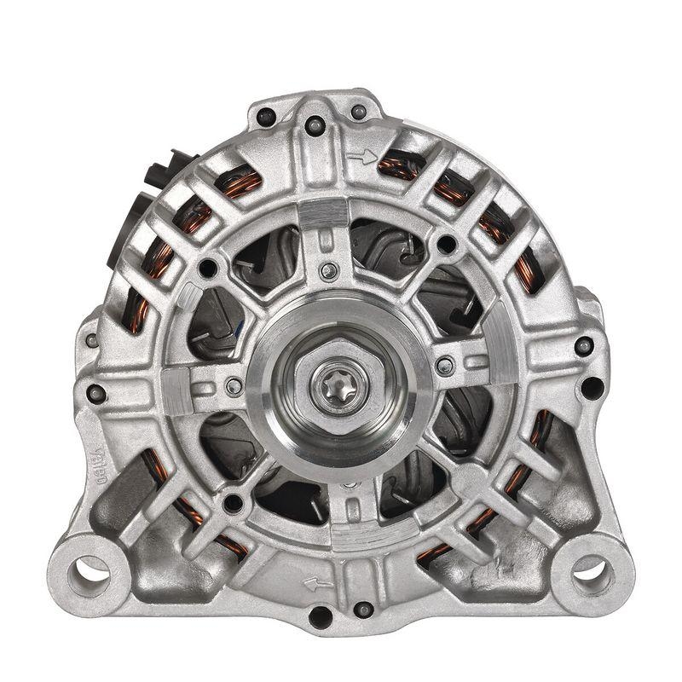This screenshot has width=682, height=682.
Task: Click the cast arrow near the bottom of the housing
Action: (320, 584)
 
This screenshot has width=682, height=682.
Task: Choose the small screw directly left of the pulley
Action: (232, 387)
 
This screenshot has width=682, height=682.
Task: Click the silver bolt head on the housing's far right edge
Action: (584, 346)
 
